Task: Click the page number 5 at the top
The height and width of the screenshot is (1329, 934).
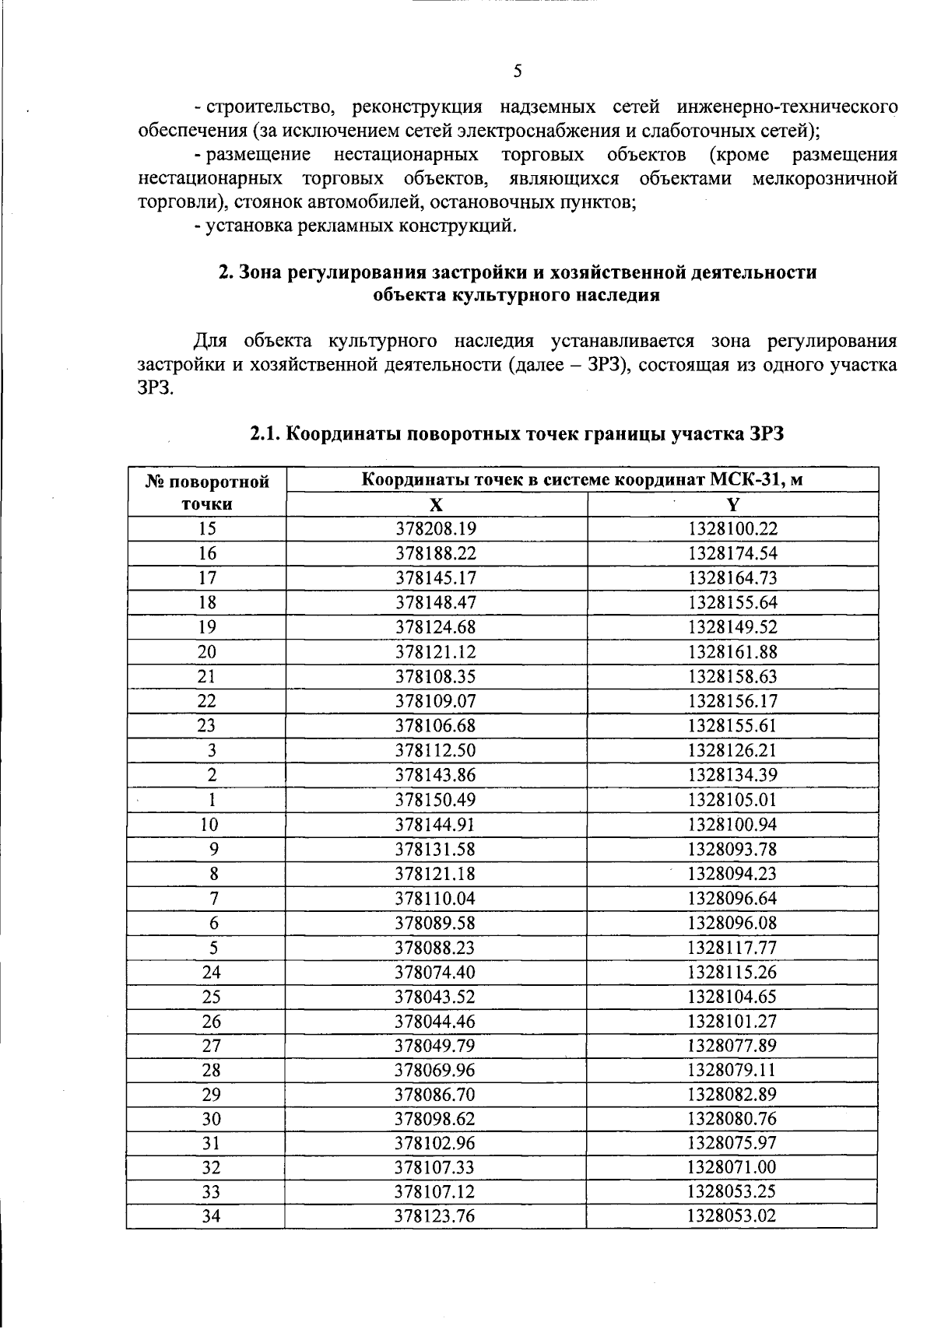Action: pos(518,72)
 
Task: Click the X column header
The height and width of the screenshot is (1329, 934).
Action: pos(437,504)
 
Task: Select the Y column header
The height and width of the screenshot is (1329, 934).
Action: pos(732,504)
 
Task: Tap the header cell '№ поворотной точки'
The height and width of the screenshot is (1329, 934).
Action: pos(207,493)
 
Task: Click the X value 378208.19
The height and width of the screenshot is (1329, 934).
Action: pos(436,529)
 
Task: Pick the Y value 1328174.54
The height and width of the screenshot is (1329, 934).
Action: pos(732,554)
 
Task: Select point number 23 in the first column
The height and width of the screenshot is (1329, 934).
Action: pos(207,726)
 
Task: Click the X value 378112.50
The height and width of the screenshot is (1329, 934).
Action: pos(436,751)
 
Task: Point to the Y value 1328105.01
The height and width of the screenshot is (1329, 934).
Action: pos(732,800)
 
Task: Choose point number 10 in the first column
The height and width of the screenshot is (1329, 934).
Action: pos(209,825)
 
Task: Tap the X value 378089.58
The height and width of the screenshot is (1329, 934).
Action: pos(436,923)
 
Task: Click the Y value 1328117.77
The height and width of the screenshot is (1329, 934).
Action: pos(732,948)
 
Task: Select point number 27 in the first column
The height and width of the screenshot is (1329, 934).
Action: pos(211,1046)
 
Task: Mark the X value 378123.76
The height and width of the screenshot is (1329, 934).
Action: pos(436,1216)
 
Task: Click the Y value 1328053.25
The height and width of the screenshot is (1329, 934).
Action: pos(732,1192)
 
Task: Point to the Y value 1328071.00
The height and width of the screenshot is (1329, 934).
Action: pos(732,1167)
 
